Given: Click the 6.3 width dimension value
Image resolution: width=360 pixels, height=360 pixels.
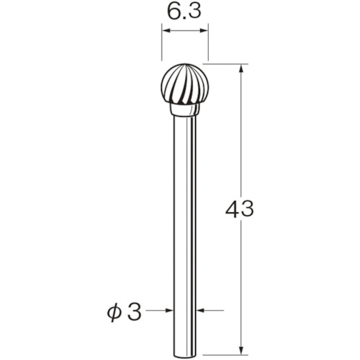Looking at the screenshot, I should [x=184, y=12].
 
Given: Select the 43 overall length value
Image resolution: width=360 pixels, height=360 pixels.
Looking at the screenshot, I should [x=240, y=210].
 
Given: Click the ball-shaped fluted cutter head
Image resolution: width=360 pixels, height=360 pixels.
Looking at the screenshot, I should [x=184, y=85].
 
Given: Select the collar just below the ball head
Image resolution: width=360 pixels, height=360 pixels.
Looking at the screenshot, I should [x=184, y=111].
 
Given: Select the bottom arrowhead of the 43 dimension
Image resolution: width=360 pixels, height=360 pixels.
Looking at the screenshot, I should [x=240, y=348].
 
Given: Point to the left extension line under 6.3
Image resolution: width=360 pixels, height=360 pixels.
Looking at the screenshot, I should [x=161, y=43].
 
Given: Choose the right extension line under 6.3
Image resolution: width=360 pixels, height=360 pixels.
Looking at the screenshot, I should [x=207, y=43].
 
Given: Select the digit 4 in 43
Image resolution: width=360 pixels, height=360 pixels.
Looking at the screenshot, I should [x=232, y=210].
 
